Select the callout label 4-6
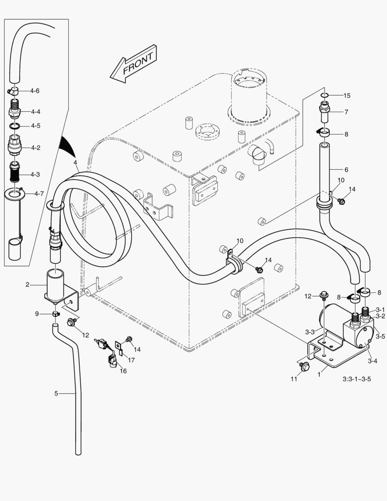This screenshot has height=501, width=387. tap(34, 91)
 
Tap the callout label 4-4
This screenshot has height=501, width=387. tap(36, 112)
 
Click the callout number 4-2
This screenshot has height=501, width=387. tap(36, 148)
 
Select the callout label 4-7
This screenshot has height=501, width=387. tap(36, 193)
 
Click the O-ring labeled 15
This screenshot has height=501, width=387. tap(325, 96)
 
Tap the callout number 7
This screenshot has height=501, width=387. tap(346, 112)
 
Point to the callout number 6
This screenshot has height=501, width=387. tap(346, 170)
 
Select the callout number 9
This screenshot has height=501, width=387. tap(37, 314)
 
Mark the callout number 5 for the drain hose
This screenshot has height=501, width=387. tap(56, 393)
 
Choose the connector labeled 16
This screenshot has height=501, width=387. tap(113, 360)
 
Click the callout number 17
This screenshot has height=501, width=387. tap(132, 360)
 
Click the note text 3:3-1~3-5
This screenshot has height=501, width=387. tap(356, 379)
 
